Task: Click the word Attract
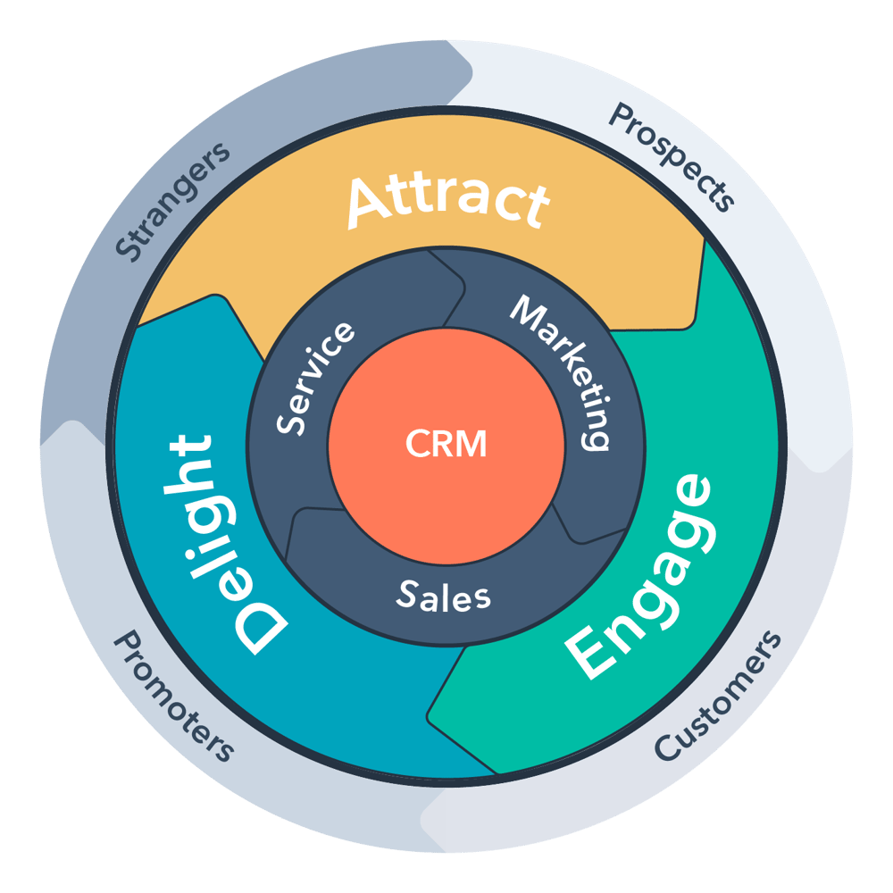[x=446, y=201]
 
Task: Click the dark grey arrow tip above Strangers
[x=472, y=67]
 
